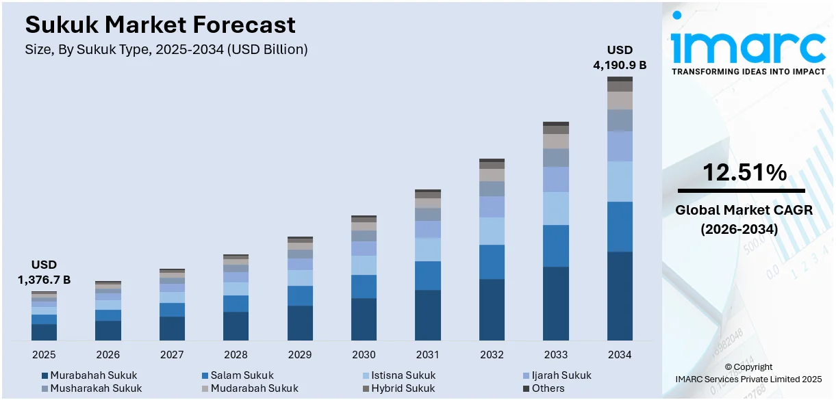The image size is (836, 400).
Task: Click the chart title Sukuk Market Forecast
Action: click(x=160, y=25)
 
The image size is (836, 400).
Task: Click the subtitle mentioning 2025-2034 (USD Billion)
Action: click(x=166, y=49)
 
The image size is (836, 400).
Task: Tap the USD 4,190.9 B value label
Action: click(x=619, y=57)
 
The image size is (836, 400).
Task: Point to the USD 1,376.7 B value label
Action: click(x=44, y=272)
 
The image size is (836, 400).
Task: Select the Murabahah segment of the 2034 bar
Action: click(x=620, y=295)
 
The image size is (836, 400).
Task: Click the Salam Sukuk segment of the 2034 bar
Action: click(x=620, y=226)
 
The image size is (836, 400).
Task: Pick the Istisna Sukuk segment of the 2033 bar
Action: click(x=556, y=208)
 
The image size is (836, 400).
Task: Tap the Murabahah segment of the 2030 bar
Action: click(x=364, y=319)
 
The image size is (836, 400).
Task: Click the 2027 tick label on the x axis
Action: click(x=172, y=355)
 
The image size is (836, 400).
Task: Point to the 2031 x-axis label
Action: click(x=428, y=355)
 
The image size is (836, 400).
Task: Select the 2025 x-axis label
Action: click(x=44, y=355)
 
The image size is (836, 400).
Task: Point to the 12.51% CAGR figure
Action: click(x=744, y=172)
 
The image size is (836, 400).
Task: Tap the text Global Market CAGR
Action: click(x=744, y=211)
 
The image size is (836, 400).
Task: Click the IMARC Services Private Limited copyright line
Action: click(x=748, y=379)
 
